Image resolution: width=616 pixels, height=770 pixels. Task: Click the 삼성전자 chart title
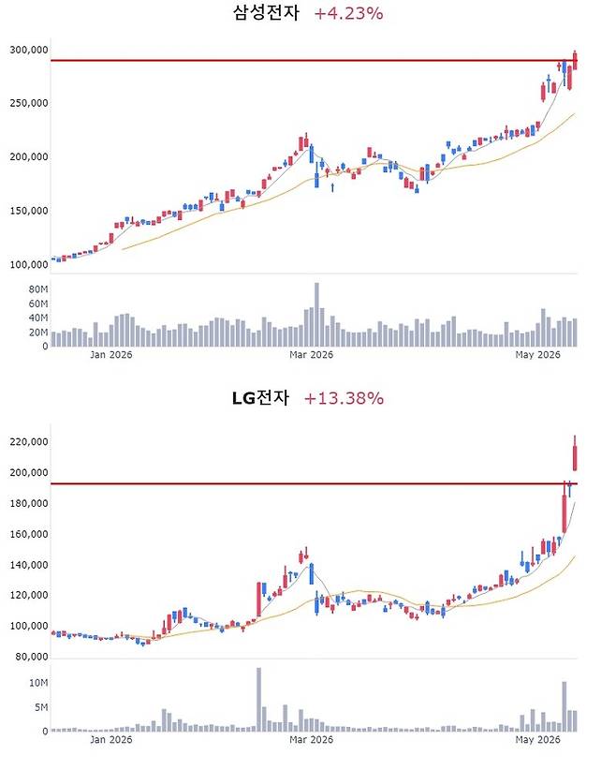[x=266, y=13]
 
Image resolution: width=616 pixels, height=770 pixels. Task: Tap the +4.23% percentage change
[x=348, y=13]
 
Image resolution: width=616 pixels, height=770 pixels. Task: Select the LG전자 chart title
[x=260, y=398]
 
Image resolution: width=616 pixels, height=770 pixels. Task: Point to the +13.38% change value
[x=344, y=398]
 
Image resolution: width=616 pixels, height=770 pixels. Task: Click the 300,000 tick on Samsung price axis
[x=29, y=50]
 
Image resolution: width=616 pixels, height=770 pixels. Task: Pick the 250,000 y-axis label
[x=29, y=103]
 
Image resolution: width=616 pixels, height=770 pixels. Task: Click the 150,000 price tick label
[x=29, y=211]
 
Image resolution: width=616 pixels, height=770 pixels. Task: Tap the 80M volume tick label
[x=38, y=289]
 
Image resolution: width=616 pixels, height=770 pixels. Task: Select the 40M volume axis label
[x=38, y=318]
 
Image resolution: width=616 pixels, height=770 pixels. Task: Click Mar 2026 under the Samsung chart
[x=311, y=354]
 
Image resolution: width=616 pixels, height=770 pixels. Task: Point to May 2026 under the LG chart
[x=537, y=739]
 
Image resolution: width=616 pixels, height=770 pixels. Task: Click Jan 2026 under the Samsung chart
[x=110, y=354]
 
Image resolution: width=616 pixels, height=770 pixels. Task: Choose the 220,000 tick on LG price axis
[x=29, y=442]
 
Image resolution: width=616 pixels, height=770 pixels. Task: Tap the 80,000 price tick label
[x=32, y=657]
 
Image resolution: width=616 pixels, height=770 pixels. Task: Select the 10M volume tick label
[x=38, y=683]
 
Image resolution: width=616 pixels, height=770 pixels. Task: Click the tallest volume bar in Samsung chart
[x=316, y=315]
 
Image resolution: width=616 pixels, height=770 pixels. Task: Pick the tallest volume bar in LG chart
[x=258, y=700]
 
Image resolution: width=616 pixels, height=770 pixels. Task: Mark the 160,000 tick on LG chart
[x=29, y=534]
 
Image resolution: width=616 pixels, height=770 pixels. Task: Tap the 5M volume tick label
[x=41, y=707]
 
